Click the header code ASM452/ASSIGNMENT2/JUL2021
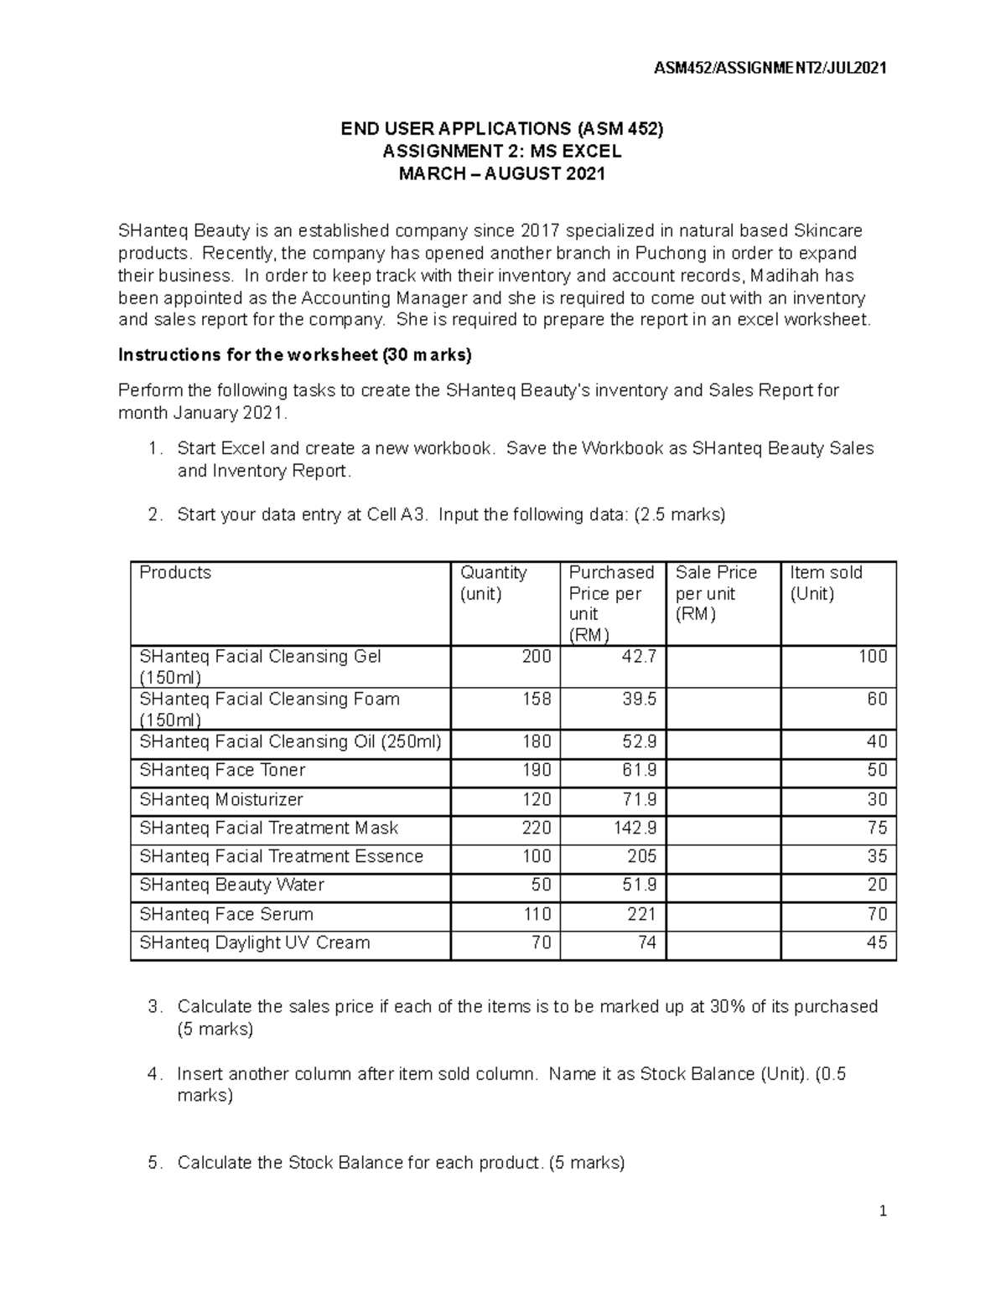pyautogui.click(x=770, y=68)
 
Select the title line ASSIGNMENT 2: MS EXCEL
pyautogui.click(x=501, y=152)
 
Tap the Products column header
pyautogui.click(x=175, y=573)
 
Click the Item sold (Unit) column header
pyautogui.click(x=826, y=583)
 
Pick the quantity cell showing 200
pyautogui.click(x=537, y=657)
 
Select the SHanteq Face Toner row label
pyautogui.click(x=222, y=771)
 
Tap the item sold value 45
pyautogui.click(x=876, y=943)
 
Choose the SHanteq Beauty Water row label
pyautogui.click(x=231, y=885)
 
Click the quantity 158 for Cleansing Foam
pyautogui.click(x=537, y=700)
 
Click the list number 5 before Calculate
pyautogui.click(x=153, y=1163)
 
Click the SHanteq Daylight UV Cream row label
pyautogui.click(x=255, y=943)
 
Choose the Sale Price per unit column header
pyautogui.click(x=716, y=593)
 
